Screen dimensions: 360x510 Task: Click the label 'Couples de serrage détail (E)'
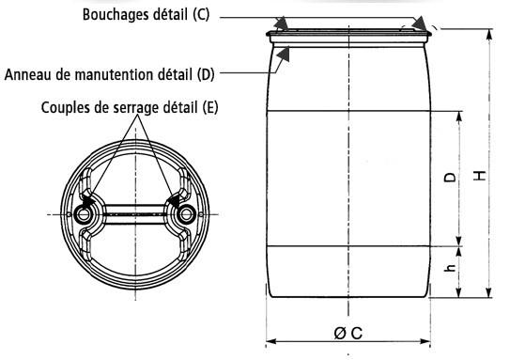tap(130, 106)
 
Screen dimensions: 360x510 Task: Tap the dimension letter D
tap(449, 178)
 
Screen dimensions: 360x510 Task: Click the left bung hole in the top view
tap(86, 215)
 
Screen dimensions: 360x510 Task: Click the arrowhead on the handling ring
tap(285, 55)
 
